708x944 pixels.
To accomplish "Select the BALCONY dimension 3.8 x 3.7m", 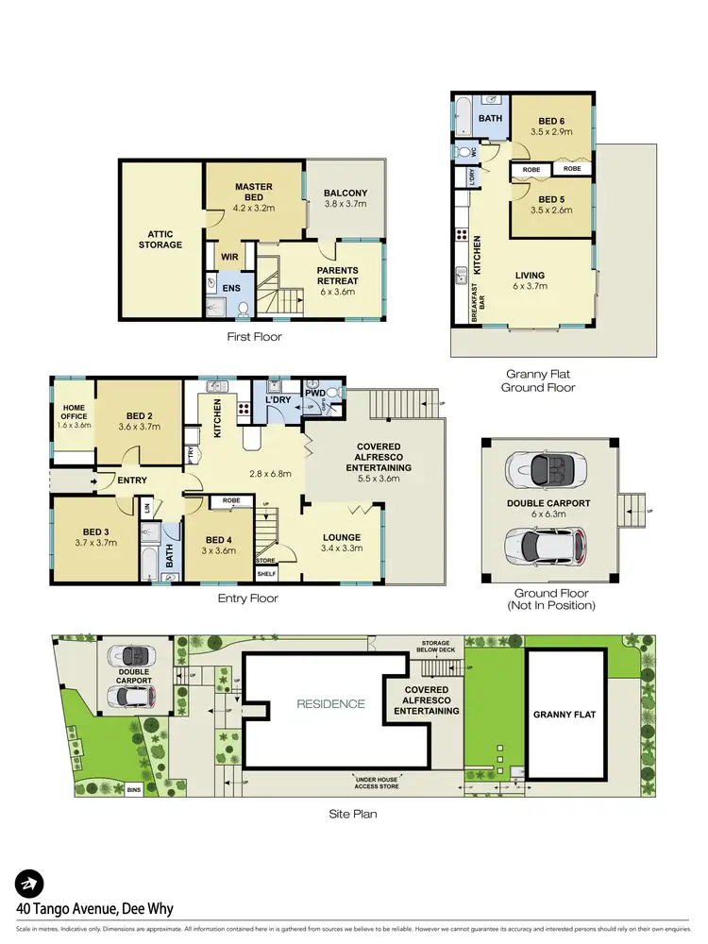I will tap(345, 205).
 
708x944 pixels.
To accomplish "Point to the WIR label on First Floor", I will tap(228, 255).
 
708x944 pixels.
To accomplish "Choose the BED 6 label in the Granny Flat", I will tap(551, 121).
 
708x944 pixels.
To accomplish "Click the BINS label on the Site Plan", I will tap(135, 790).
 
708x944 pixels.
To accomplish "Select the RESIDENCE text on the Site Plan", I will tap(330, 703).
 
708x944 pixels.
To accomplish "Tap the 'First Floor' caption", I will tap(254, 337).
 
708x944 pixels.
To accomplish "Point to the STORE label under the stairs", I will tap(265, 560).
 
